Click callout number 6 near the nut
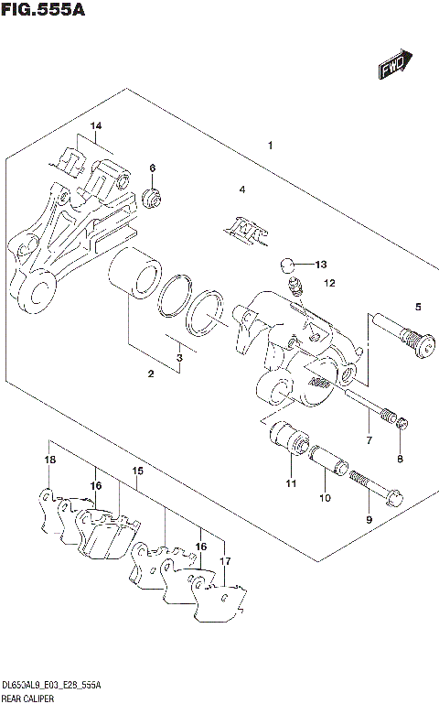(x=153, y=168)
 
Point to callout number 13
(x=320, y=265)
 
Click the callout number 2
(x=151, y=374)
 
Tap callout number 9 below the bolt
(x=369, y=519)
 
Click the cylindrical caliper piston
(x=135, y=272)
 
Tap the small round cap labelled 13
(x=288, y=265)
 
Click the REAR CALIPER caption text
(x=27, y=698)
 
